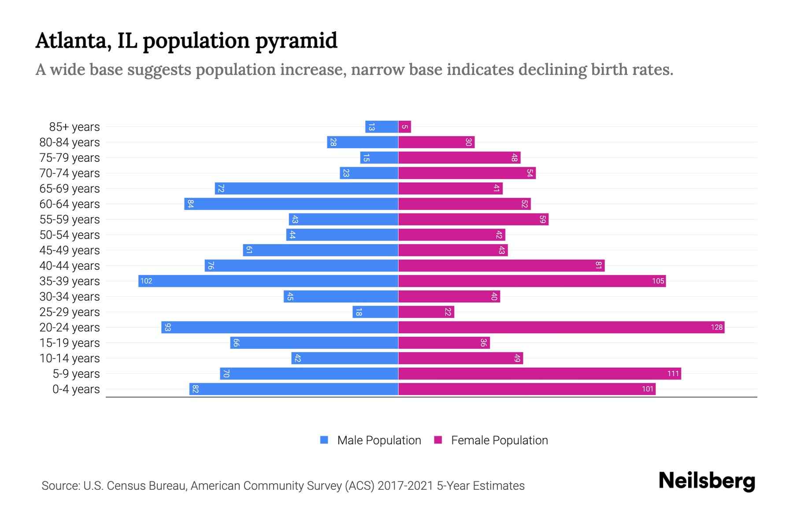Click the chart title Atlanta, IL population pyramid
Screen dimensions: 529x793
pos(186,41)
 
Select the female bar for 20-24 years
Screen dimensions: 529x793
pos(561,327)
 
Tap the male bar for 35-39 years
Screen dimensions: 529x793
pos(268,281)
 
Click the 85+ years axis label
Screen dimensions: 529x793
pos(74,127)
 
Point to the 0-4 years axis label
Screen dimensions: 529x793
pos(76,389)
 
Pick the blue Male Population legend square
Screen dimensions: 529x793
pos(324,440)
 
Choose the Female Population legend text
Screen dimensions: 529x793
pos(499,440)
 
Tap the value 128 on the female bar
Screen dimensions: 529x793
pos(716,327)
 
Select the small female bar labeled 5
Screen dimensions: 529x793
pos(404,127)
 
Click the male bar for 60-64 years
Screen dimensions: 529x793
pos(291,204)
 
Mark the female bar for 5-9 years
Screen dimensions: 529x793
pos(539,374)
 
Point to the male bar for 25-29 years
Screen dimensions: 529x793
pos(375,312)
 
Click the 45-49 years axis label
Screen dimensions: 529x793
pos(70,250)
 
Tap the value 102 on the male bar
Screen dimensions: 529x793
pos(146,281)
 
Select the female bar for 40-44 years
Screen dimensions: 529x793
pos(501,266)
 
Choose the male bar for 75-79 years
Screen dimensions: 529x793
pos(379,158)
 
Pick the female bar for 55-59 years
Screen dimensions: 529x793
pos(473,220)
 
